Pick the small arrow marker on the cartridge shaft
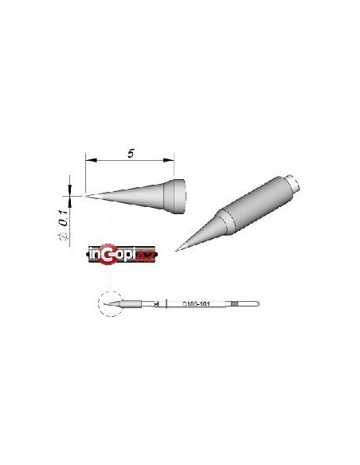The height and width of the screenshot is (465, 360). pos(156,304)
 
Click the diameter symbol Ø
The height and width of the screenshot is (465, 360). pos(69,234)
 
